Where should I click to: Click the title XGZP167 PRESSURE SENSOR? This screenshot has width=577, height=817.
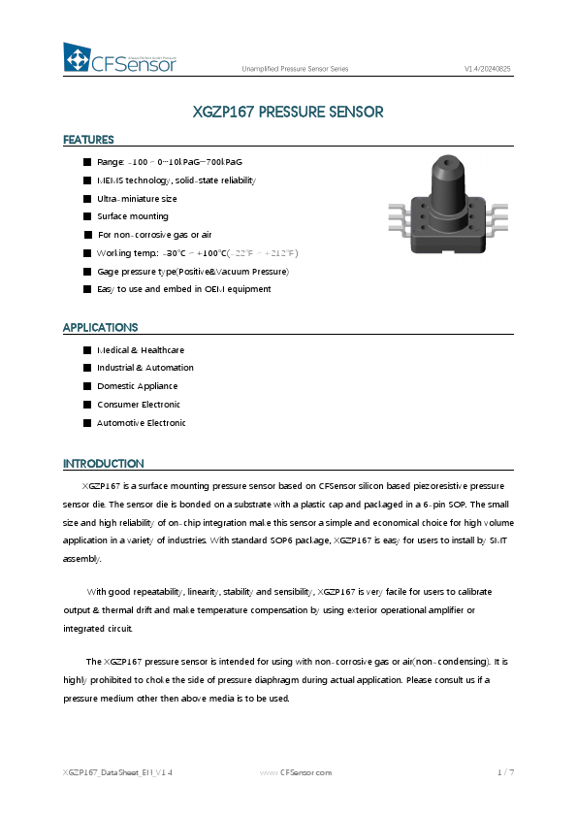tap(288, 112)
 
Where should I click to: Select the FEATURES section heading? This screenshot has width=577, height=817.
tap(88, 140)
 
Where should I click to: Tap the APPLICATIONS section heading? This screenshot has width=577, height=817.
tap(100, 328)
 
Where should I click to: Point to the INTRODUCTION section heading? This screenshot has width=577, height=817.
tap(103, 464)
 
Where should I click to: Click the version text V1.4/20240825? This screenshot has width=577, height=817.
tap(488, 69)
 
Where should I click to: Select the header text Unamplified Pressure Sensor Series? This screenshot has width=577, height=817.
tap(295, 69)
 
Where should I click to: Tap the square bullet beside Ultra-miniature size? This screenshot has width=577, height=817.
tap(87, 198)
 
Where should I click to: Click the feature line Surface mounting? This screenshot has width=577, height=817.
tap(133, 216)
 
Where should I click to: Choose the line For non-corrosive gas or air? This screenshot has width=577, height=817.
tap(154, 235)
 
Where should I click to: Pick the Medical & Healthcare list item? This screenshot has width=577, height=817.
tap(141, 350)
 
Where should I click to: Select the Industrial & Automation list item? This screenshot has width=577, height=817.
tap(145, 368)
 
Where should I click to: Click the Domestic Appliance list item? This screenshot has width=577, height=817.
tap(138, 386)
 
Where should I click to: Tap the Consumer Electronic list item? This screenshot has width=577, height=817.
tap(139, 405)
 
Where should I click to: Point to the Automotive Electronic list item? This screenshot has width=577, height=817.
tap(142, 423)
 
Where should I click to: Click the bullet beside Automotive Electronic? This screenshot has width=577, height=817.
tap(87, 423)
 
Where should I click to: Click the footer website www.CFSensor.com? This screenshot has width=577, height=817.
tap(296, 773)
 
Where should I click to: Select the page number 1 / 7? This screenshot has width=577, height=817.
tap(505, 773)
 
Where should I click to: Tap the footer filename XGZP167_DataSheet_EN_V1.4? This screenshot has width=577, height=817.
tap(117, 773)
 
